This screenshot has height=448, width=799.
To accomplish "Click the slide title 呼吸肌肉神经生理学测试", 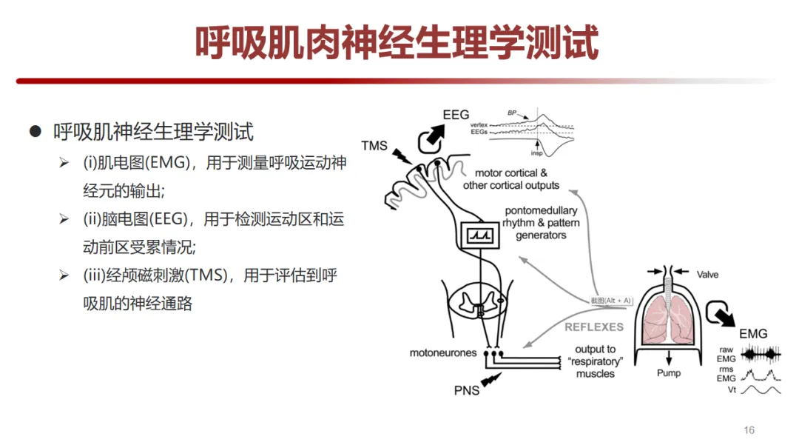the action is tap(397, 44).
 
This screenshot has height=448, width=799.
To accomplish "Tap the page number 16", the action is tap(749, 430).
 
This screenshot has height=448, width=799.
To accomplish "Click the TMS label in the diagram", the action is tap(374, 145).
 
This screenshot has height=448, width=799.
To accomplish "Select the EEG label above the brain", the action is tap(456, 115).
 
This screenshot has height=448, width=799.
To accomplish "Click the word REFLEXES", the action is tap(595, 327).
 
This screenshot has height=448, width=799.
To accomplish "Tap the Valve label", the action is tap(707, 275).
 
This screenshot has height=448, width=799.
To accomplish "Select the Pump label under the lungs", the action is tap(669, 373).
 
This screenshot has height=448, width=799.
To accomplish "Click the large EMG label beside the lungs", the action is tap(753, 334).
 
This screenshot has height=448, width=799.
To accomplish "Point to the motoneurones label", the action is tap(443, 353).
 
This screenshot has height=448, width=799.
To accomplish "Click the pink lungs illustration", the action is tap(668, 321).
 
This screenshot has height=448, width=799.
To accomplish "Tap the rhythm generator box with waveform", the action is tap(479, 235).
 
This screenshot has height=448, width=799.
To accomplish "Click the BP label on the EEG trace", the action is tap(511, 113).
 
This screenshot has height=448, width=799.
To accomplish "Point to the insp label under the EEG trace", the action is tap(536, 153).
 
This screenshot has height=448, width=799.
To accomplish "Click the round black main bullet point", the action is tap(34, 132).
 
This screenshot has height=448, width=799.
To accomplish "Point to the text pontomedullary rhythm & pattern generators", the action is tap(541, 223).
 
